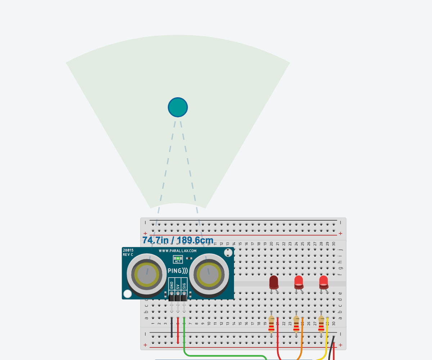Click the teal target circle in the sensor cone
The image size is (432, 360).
pos(178,107)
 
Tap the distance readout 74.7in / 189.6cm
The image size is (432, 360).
pos(178,240)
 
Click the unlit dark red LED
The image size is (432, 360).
pos(274,282)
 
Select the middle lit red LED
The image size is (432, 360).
pos(298,282)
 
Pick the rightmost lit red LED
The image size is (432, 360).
pos(323,282)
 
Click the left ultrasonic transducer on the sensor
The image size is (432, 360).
pos(147,275)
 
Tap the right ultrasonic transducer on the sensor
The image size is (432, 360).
pos(209,275)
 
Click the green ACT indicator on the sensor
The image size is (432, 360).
pos(178,258)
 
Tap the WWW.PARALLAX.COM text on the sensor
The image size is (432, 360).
pos(178,251)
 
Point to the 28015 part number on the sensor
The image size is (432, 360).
pos(128,250)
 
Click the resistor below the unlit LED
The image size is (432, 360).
pos(271,324)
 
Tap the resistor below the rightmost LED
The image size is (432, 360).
pos(321,324)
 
